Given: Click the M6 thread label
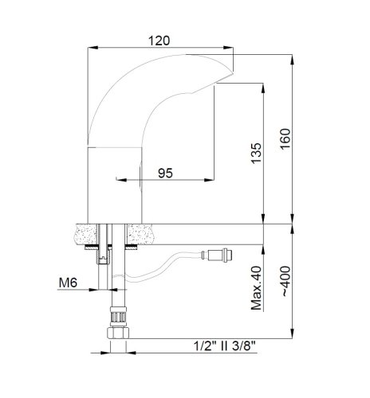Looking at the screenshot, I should [69, 281].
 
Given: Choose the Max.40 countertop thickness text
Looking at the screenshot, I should [256, 288].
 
